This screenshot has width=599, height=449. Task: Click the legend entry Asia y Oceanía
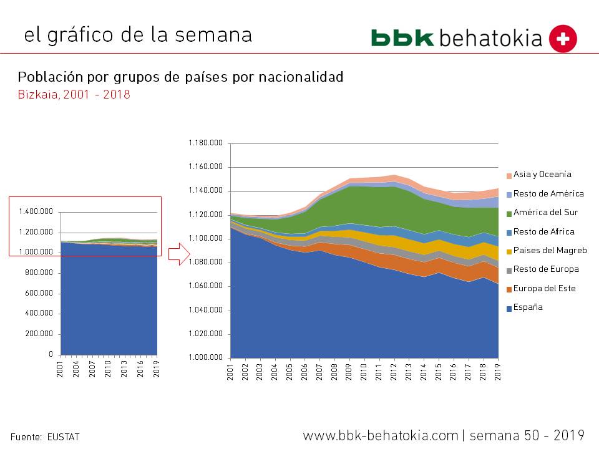(x=542, y=175)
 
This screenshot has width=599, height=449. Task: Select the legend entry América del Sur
(x=545, y=213)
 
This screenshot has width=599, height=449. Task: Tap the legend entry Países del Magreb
(x=549, y=251)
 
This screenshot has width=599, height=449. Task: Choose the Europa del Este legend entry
(x=544, y=289)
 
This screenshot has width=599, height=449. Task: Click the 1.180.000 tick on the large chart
(x=205, y=143)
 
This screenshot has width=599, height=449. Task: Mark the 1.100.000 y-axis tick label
(x=205, y=239)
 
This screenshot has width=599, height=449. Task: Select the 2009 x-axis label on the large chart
(x=349, y=372)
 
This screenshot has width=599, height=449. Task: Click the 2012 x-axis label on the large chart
(x=394, y=372)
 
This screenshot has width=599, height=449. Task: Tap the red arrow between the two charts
(x=178, y=253)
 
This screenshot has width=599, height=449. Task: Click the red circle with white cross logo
(x=563, y=39)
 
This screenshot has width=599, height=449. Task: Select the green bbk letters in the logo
(x=402, y=38)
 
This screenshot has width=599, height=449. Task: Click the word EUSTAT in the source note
(x=63, y=437)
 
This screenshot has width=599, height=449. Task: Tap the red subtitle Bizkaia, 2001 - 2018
(x=74, y=95)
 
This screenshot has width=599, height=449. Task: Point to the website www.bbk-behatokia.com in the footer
(x=381, y=435)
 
